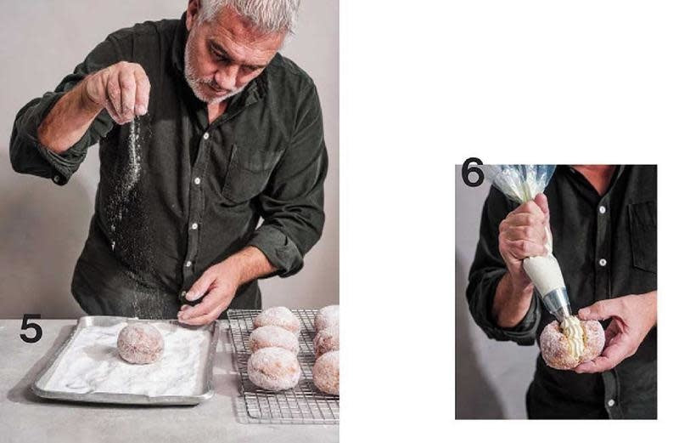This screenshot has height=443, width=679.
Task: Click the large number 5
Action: [x=31, y=328]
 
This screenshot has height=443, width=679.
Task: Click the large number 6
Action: [x=473, y=173]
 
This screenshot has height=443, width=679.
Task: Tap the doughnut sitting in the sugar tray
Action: [x=141, y=343]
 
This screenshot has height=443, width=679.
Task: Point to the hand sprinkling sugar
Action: [x=120, y=90]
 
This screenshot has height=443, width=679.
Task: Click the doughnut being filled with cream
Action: [x=571, y=343]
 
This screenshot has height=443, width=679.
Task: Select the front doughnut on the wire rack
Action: [x=273, y=369]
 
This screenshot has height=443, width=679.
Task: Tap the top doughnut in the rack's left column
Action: [x=278, y=320]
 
